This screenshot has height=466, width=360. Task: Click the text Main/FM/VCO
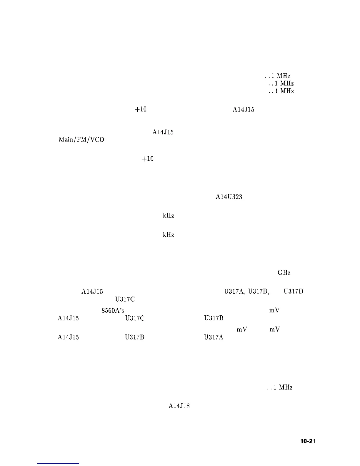point(81,140)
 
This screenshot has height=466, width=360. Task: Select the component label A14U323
point(229,197)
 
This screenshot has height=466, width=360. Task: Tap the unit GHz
point(284,273)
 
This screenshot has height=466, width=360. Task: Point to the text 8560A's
point(114,311)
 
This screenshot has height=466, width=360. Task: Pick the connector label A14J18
point(179,406)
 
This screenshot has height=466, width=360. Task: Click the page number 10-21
point(308,441)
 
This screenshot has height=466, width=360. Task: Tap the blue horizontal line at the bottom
point(58,464)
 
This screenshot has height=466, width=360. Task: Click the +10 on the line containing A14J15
point(141,110)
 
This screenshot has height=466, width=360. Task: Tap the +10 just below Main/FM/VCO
point(148,159)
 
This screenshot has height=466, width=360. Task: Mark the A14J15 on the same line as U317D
point(92,292)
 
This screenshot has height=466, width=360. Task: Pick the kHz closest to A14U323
point(168,216)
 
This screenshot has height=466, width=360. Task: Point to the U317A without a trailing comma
point(214,337)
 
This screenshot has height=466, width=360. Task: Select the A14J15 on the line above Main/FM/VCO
point(163,132)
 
